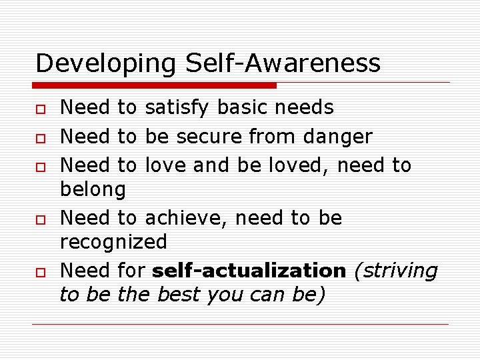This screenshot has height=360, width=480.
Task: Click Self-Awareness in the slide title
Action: click(283, 64)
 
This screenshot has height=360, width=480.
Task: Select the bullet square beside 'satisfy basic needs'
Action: click(41, 108)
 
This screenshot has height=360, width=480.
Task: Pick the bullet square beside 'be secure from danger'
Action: click(41, 137)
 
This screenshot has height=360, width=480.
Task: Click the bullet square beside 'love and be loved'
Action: click(41, 166)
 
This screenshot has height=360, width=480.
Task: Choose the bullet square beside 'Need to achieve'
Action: click(41, 219)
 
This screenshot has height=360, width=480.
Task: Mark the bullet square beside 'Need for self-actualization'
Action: click(41, 272)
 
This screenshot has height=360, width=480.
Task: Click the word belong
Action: click(93, 190)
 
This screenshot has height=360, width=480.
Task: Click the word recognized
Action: click(113, 242)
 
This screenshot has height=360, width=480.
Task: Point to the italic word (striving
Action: click(395, 271)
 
